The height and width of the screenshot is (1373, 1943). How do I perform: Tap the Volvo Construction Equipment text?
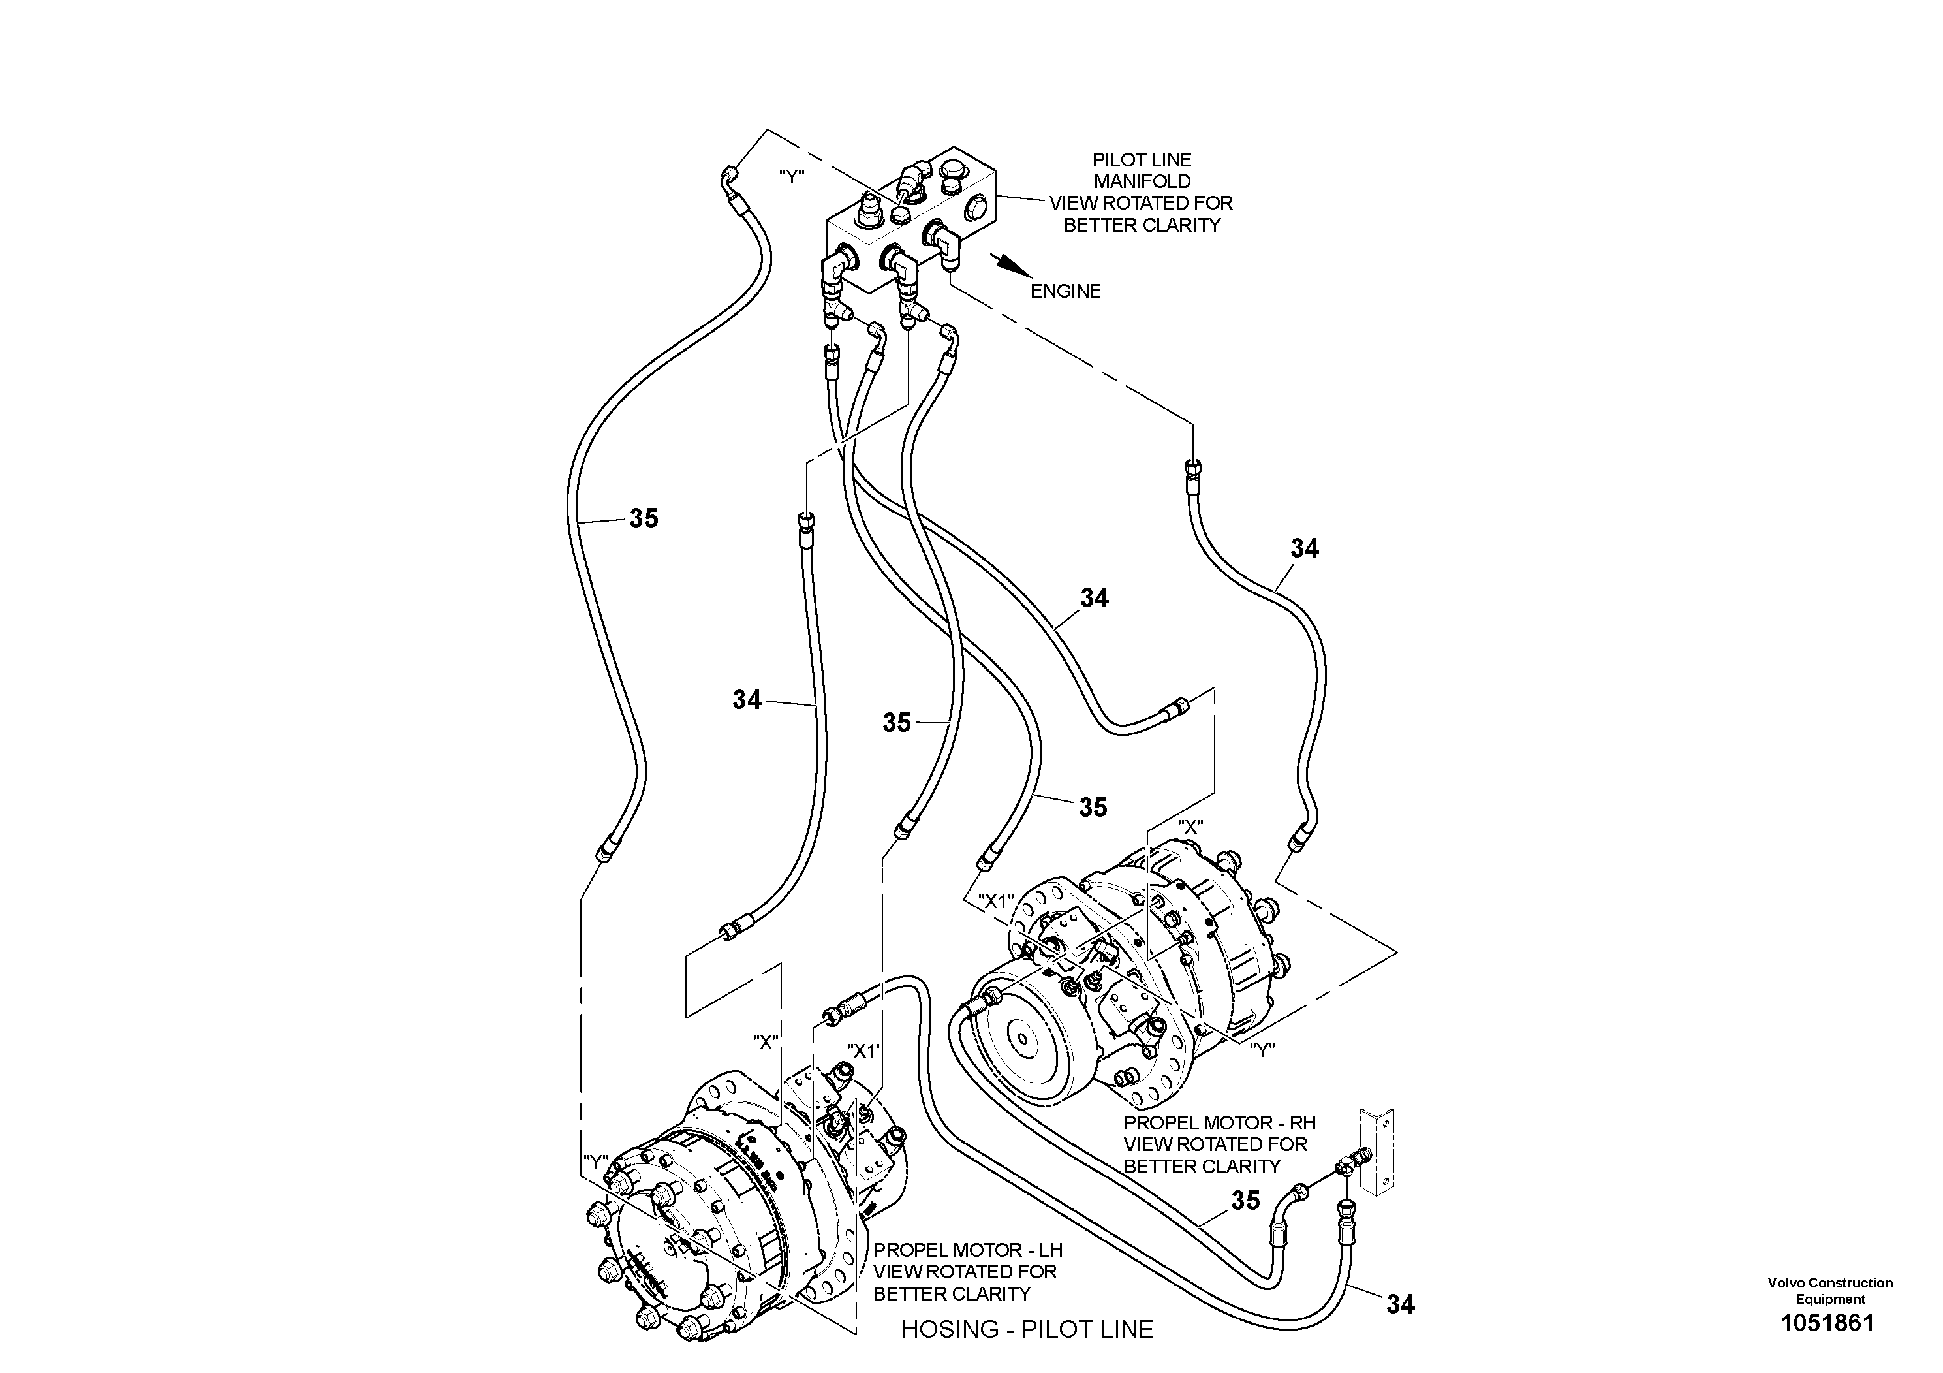coord(1829,1291)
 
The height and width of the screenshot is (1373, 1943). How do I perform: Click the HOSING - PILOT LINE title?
coord(1027,1329)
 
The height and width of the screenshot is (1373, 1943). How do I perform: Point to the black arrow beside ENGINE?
coord(1011,265)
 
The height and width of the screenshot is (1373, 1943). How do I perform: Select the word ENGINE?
coord(1065,291)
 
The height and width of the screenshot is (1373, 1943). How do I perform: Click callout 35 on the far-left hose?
coord(643,518)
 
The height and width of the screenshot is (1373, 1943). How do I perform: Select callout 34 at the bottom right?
coord(1400,1304)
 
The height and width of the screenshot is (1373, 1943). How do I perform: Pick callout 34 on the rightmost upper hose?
coord(1304,548)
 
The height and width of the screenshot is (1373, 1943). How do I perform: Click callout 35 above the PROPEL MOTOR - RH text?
coord(1245,1201)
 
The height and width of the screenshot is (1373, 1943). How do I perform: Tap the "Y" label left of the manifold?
coord(791,176)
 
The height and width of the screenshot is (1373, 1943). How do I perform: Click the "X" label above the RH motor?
coord(1190,827)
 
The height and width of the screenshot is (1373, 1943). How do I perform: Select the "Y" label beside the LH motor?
coord(596,1162)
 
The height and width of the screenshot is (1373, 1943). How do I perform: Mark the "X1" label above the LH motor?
coord(863,1051)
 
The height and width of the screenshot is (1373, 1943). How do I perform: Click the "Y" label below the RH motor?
coord(1262,1050)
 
